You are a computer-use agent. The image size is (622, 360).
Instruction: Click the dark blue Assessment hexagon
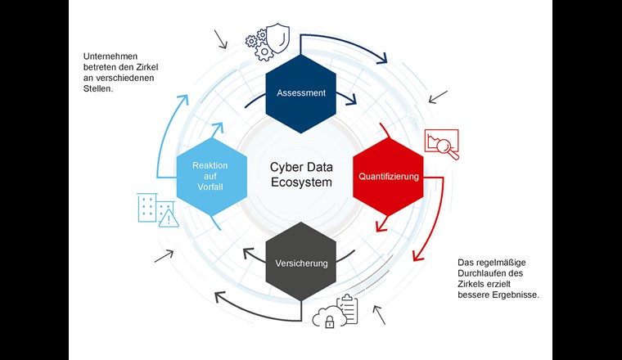(301, 92)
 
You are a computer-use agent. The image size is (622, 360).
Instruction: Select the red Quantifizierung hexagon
(388, 176)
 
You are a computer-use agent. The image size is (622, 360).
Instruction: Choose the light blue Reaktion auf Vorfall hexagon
(210, 176)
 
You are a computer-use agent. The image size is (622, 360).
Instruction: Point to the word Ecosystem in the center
(301, 182)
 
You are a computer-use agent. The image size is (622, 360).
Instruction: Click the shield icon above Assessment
(278, 38)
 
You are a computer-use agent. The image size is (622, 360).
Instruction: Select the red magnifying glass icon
(448, 148)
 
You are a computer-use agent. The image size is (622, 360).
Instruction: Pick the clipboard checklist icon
(348, 309)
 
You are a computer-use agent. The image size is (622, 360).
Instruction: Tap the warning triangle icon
(168, 218)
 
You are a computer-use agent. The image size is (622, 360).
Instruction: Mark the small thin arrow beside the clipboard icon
(379, 314)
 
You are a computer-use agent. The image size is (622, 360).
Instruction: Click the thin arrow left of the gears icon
(221, 38)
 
